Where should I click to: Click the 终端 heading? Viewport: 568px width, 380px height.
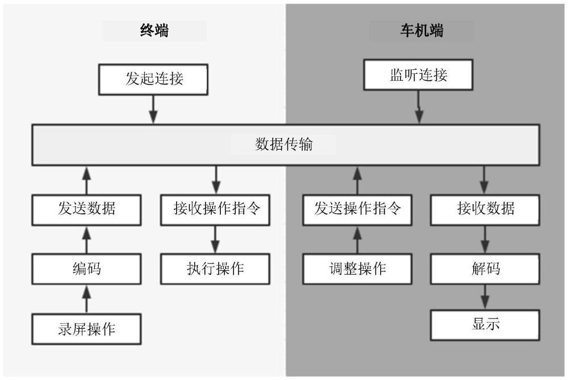pyautogui.click(x=154, y=30)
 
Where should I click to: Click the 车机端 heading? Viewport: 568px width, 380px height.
pyautogui.click(x=421, y=30)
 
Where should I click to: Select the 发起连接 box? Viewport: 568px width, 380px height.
pyautogui.click(x=153, y=80)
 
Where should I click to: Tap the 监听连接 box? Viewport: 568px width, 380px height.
pyautogui.click(x=419, y=75)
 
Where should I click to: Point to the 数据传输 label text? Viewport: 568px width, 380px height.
pyautogui.click(x=283, y=144)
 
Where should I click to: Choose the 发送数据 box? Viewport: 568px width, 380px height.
pyautogui.click(x=86, y=210)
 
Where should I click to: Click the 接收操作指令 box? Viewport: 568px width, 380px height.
pyautogui.click(x=215, y=210)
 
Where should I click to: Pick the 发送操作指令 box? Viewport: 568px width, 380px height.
pyautogui.click(x=357, y=210)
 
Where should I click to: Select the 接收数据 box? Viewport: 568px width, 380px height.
pyautogui.click(x=485, y=210)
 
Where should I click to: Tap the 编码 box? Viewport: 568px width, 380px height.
pyautogui.click(x=86, y=269)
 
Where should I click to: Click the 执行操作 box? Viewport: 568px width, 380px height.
pyautogui.click(x=215, y=269)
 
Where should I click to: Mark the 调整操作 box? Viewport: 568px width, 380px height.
pyautogui.click(x=357, y=269)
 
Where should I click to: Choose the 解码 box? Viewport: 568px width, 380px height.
pyautogui.click(x=485, y=269)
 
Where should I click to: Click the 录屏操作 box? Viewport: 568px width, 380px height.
pyautogui.click(x=86, y=329)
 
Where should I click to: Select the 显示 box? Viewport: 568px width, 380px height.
pyautogui.click(x=485, y=325)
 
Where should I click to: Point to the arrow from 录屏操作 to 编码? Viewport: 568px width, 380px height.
pyautogui.click(x=86, y=299)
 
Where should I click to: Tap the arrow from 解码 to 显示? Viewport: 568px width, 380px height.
pyautogui.click(x=485, y=297)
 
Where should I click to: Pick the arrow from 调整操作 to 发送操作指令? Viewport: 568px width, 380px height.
pyautogui.click(x=357, y=239)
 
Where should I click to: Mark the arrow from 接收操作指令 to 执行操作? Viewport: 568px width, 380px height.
pyautogui.click(x=215, y=239)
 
